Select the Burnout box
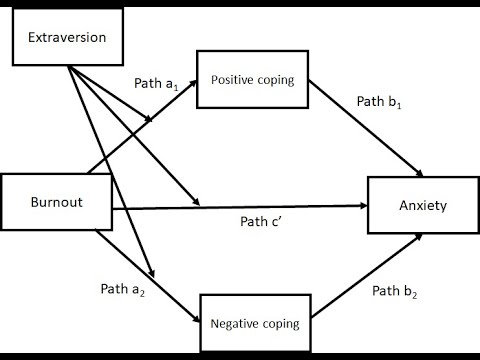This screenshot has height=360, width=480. (x=55, y=204)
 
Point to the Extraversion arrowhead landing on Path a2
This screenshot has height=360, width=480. (x=152, y=273)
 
